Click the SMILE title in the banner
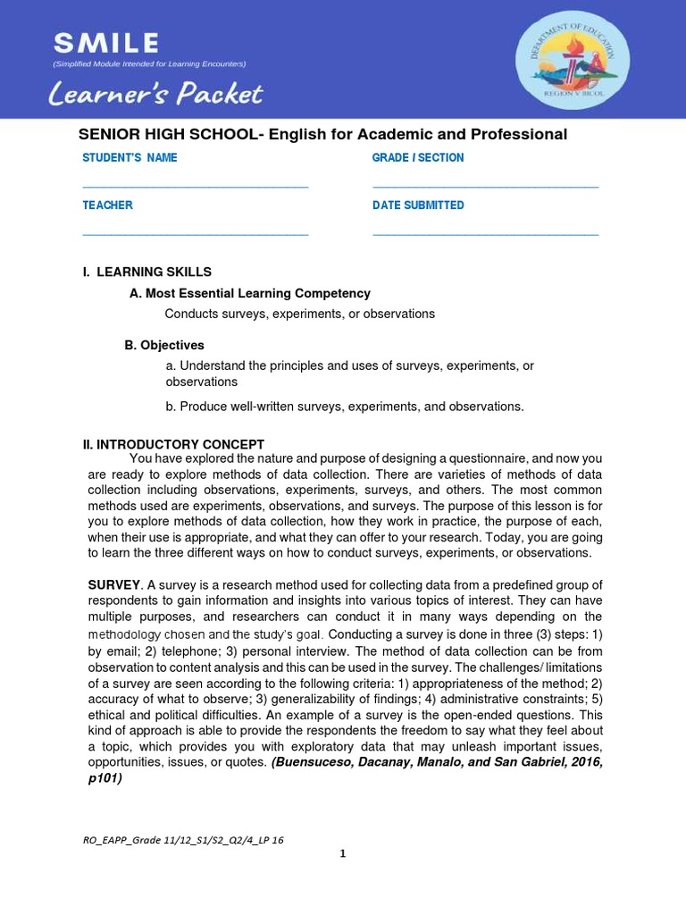pos(105,42)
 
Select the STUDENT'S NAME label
pos(130,158)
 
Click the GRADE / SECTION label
pos(418,158)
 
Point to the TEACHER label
pos(107,206)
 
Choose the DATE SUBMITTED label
pos(418,206)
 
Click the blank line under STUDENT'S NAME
pos(195,186)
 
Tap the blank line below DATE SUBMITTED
pos(485,234)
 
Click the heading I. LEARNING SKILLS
pos(146,272)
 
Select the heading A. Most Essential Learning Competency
pos(249,293)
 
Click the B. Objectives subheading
pos(164,345)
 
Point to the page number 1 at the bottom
pos(342,853)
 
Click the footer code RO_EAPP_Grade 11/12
pos(183,840)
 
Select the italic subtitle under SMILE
pos(149,64)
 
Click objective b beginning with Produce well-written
pos(344,407)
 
